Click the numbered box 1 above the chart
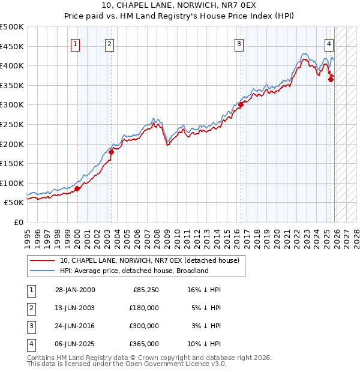coord(76,43)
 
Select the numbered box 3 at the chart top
coord(239,43)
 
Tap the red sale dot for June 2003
coord(111,152)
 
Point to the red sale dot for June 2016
coord(241,104)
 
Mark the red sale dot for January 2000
coord(77,189)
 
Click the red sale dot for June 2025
coord(331,79)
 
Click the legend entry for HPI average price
coord(133,271)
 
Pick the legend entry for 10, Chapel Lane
coord(149,260)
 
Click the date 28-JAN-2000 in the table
coord(75,290)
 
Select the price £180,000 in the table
coord(144,308)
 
